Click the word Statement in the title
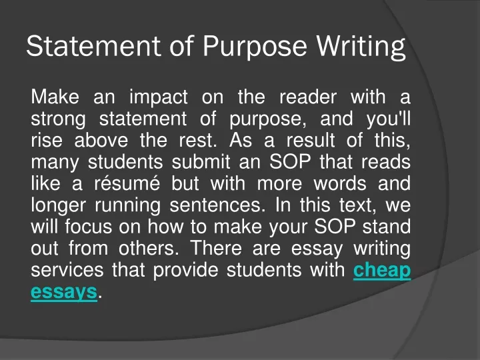pyautogui.click(x=94, y=46)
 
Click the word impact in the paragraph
pyautogui.click(x=159, y=97)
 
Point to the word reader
pyautogui.click(x=308, y=97)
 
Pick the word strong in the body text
pyautogui.click(x=58, y=120)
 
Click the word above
pyautogui.click(x=101, y=140)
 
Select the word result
pyautogui.click(x=311, y=140)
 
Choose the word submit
pyautogui.click(x=201, y=161)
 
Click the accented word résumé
pyautogui.click(x=127, y=183)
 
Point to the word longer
pyautogui.click(x=58, y=206)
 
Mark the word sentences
pyautogui.click(x=217, y=205)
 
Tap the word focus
pyautogui.click(x=88, y=227)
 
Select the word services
pyautogui.click(x=67, y=270)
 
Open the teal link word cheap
pyautogui.click(x=382, y=271)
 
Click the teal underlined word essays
pyautogui.click(x=64, y=293)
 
